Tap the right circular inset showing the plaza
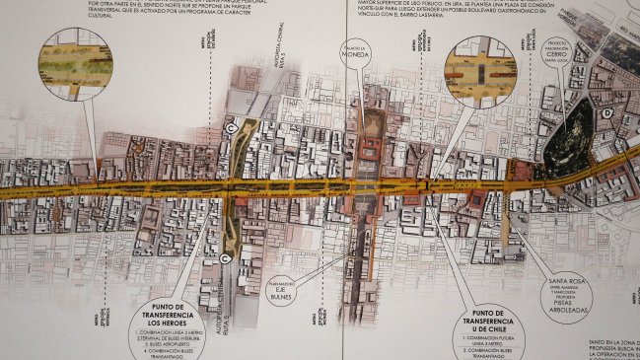(480, 70)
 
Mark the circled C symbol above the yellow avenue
(232, 128)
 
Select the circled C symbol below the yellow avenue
(229, 258)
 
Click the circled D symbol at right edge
(609, 114)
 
